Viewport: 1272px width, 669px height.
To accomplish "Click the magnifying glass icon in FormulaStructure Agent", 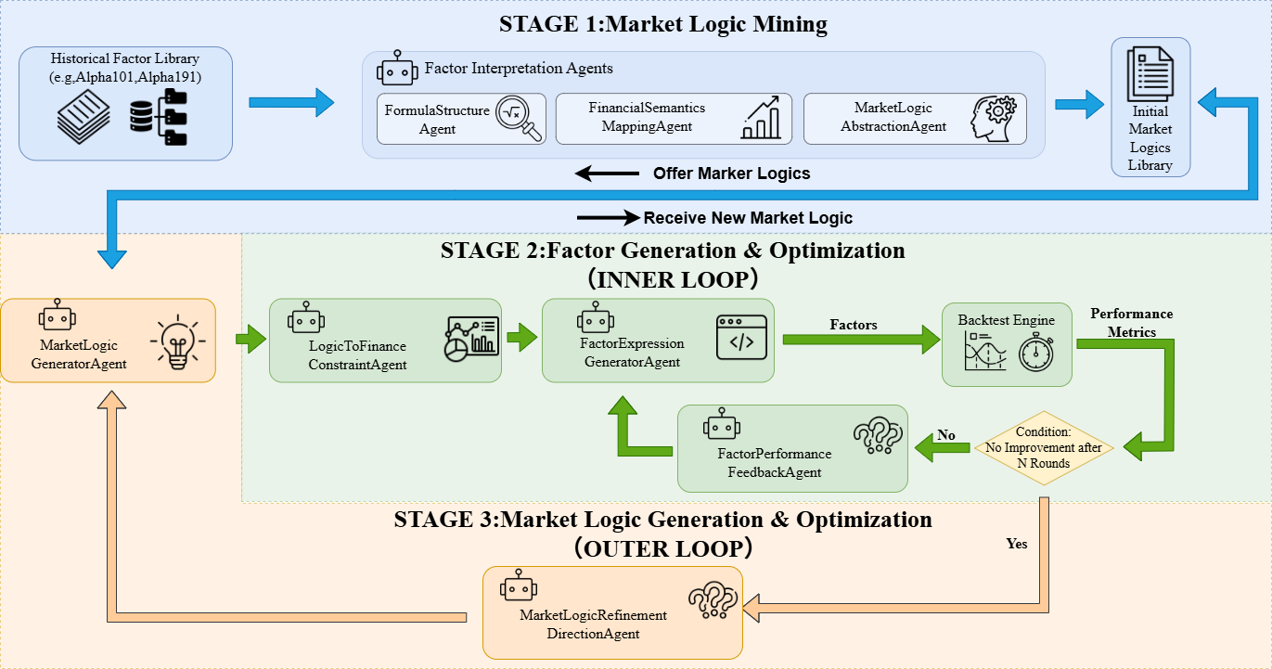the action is (x=519, y=119).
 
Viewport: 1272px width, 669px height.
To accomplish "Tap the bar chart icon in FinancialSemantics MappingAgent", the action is (x=761, y=118).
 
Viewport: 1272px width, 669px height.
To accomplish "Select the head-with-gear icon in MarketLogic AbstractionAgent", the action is (x=993, y=119).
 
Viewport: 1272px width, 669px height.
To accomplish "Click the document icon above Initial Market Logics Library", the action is (x=1150, y=74).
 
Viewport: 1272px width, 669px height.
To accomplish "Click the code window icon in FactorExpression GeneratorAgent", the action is (x=741, y=338).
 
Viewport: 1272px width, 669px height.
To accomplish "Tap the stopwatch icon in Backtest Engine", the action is (x=1036, y=352).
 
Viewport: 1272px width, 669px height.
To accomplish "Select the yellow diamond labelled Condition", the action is (x=1044, y=448).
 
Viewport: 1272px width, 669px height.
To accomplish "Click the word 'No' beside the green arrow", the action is (x=946, y=435).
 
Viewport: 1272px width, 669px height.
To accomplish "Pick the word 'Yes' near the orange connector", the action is (x=1017, y=544).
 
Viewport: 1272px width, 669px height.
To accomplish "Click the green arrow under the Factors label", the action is (x=861, y=340).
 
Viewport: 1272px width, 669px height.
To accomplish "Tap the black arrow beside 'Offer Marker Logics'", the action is (x=607, y=174).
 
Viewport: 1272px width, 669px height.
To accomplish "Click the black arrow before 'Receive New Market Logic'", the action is (x=609, y=217).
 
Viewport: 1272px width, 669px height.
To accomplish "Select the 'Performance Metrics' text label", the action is (x=1132, y=323).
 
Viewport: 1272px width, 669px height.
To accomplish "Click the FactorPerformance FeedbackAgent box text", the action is (x=774, y=463).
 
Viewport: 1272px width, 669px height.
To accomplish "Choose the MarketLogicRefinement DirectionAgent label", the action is (x=593, y=624).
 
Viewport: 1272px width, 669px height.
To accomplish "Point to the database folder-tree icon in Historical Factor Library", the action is (x=159, y=117).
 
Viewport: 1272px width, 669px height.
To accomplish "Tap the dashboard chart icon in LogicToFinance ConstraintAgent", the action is (x=471, y=339).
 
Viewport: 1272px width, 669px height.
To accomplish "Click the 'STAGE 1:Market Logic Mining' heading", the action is (x=662, y=24).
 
